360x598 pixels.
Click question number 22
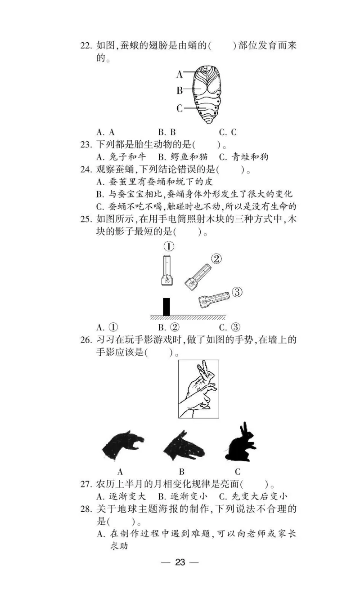(87, 46)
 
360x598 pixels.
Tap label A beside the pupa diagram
(179, 74)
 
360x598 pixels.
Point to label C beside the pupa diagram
(179, 108)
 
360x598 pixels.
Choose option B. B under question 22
(166, 133)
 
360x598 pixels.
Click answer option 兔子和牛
(121, 157)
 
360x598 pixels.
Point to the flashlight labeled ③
(214, 299)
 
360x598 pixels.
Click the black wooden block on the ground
(166, 307)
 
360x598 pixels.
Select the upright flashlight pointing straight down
(167, 270)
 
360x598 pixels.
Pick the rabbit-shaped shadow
(238, 443)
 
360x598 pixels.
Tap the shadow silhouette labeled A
(123, 445)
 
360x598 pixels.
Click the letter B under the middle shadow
(182, 472)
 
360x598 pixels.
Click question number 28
(87, 509)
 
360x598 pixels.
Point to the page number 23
(180, 562)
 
